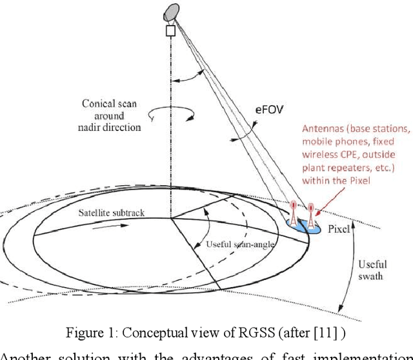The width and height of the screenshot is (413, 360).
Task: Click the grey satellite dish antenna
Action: (173, 11)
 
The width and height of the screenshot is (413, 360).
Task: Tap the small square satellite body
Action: (171, 30)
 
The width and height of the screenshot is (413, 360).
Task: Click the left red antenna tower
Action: (294, 213)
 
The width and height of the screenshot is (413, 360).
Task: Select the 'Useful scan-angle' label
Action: (233, 244)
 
